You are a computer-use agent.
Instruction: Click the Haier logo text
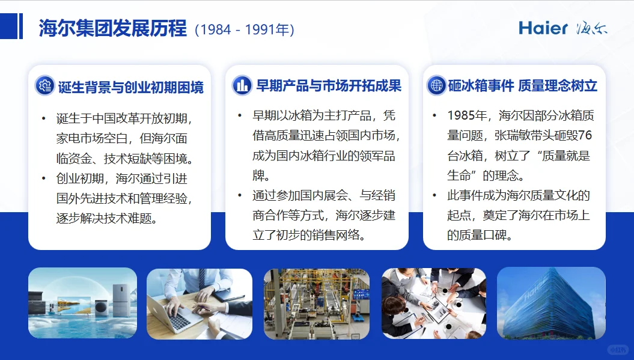(x=543, y=28)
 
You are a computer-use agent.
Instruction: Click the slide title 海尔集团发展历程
(x=112, y=29)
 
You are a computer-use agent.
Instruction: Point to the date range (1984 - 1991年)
(x=244, y=29)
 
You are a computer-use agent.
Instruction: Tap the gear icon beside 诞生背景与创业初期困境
(x=44, y=86)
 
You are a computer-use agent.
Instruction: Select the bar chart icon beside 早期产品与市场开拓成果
(x=242, y=85)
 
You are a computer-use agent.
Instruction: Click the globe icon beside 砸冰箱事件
(x=436, y=85)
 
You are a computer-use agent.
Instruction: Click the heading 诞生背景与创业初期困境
(x=130, y=87)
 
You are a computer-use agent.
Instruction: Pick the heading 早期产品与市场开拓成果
(x=328, y=86)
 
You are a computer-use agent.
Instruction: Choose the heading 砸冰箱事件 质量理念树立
(x=522, y=86)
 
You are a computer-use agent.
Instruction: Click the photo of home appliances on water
(x=82, y=303)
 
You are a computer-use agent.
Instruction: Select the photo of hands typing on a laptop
(x=200, y=304)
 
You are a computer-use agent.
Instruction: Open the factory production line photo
(x=316, y=304)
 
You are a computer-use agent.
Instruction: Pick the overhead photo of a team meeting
(x=434, y=303)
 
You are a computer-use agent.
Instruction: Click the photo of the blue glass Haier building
(x=551, y=303)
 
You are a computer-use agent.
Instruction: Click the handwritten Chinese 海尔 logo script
(x=591, y=28)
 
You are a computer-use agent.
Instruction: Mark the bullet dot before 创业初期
(x=43, y=178)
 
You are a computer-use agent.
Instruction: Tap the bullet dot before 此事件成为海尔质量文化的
(x=434, y=195)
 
